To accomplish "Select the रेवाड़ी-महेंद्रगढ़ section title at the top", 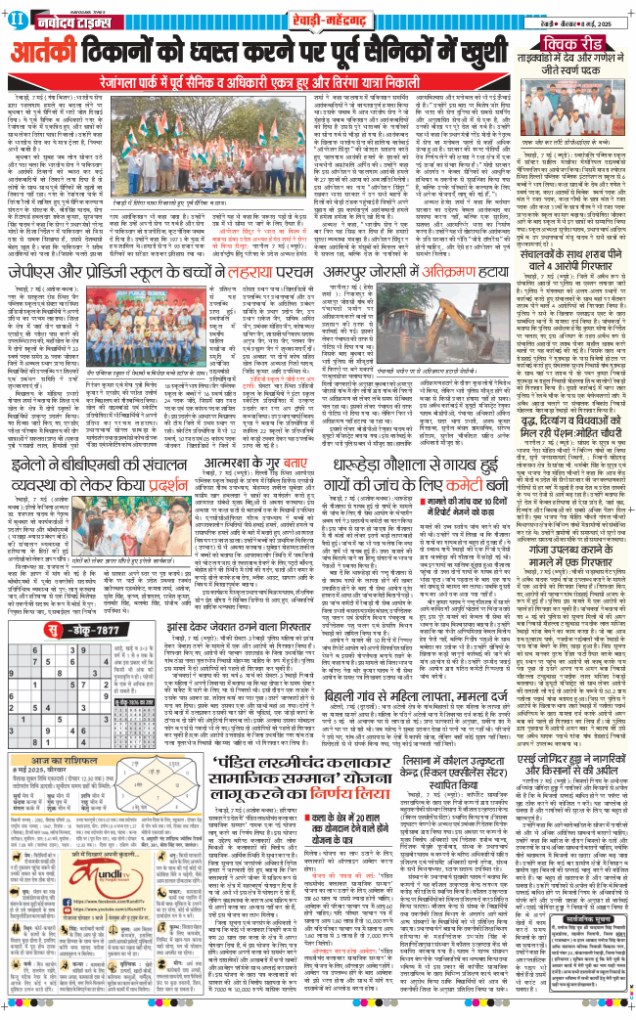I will [x=317, y=16].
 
